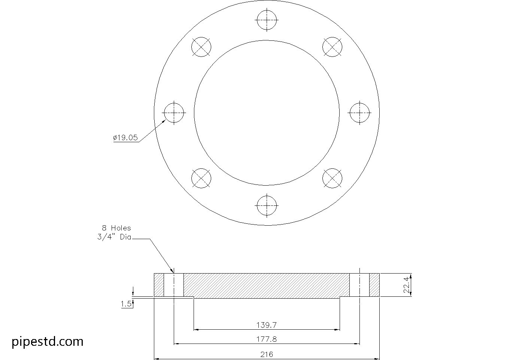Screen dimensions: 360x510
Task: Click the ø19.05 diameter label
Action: click(125, 138)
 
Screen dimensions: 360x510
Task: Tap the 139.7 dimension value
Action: click(267, 325)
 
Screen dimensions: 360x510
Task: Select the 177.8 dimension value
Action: click(267, 339)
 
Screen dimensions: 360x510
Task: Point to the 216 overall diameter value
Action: click(267, 354)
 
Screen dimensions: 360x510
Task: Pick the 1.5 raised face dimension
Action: click(126, 304)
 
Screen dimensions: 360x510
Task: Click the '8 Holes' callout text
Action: click(116, 228)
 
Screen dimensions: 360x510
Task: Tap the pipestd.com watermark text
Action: click(48, 341)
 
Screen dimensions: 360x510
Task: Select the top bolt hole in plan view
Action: click(267, 20)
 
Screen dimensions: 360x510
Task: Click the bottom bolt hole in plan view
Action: click(267, 205)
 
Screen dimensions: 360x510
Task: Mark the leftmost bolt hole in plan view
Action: click(174, 113)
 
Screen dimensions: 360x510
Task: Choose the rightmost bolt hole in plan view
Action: click(359, 113)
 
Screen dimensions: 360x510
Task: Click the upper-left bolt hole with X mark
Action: click(201, 47)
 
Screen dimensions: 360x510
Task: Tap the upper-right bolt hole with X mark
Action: click(332, 47)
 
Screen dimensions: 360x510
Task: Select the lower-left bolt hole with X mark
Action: click(201, 178)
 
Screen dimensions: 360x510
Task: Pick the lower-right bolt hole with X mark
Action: click(332, 178)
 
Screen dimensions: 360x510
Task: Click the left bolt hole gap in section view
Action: click(174, 285)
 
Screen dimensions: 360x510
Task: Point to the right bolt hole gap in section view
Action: click(359, 285)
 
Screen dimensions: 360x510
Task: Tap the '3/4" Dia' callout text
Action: click(114, 237)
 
